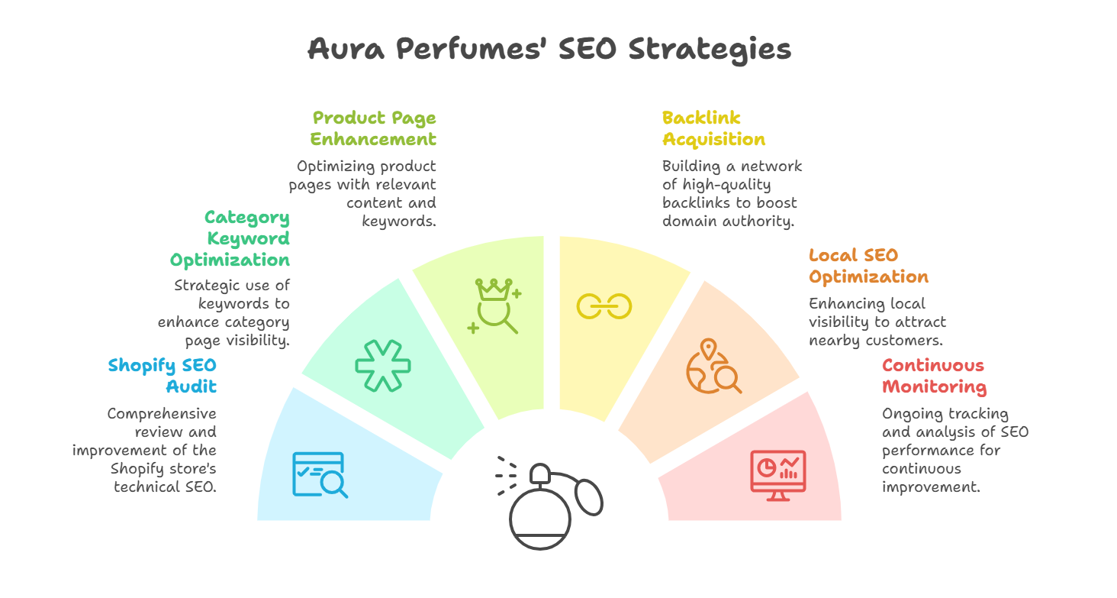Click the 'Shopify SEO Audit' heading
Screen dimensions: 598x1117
click(x=163, y=376)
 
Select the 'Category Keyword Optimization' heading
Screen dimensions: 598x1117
click(x=230, y=239)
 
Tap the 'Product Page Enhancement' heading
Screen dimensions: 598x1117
click(x=374, y=128)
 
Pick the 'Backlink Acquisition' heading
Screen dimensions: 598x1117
click(x=713, y=128)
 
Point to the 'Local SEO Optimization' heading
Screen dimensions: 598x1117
click(x=868, y=266)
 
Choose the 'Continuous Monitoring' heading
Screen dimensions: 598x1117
click(x=934, y=376)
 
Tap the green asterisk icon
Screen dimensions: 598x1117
click(x=383, y=364)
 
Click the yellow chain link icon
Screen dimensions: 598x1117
click(x=604, y=306)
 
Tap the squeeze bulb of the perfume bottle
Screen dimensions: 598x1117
click(x=590, y=499)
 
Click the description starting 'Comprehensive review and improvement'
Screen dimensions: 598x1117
click(x=145, y=451)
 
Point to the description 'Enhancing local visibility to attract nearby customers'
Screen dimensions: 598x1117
click(x=877, y=322)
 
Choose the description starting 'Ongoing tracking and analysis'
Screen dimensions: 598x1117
click(x=954, y=451)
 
